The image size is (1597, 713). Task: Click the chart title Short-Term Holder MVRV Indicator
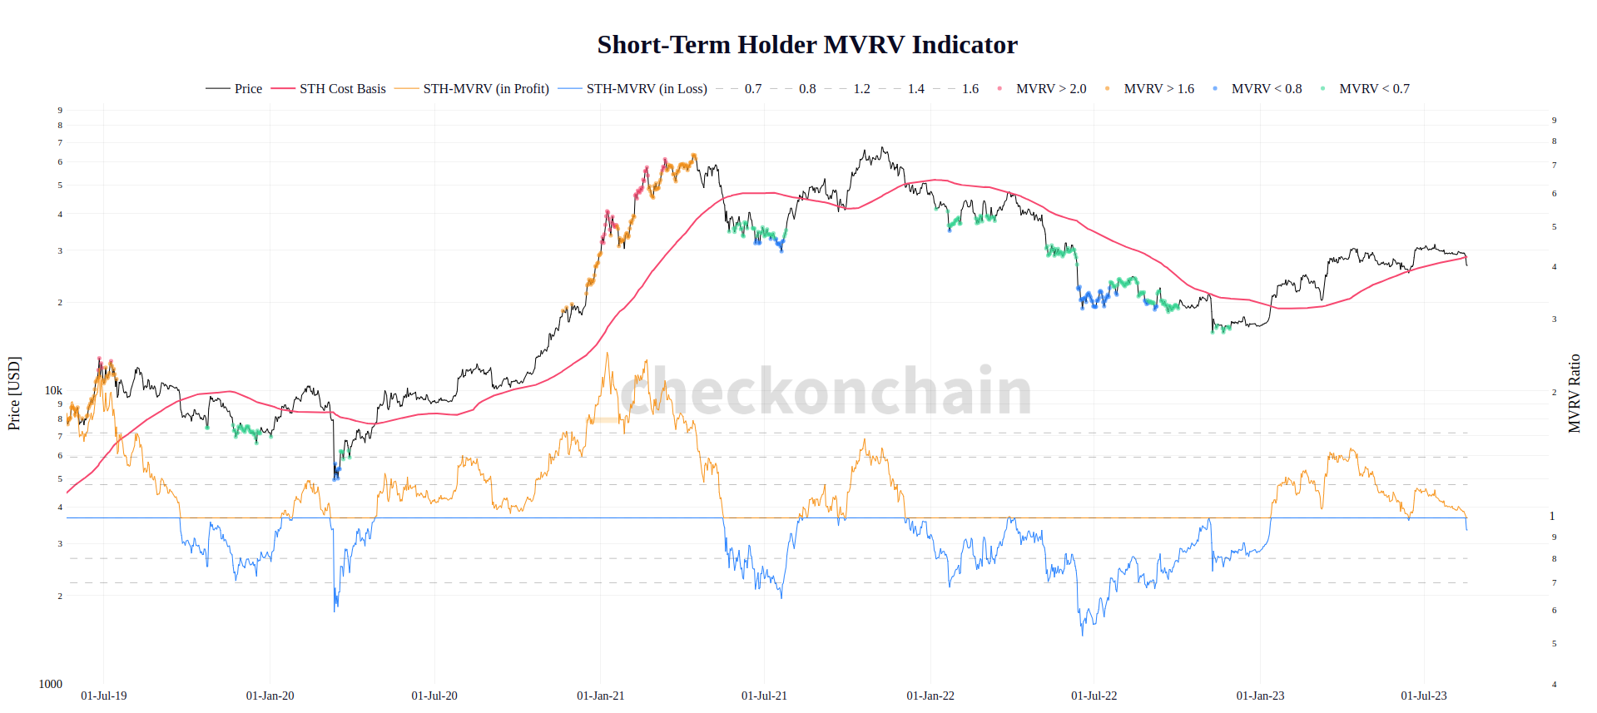pos(806,45)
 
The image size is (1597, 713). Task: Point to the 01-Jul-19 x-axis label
pos(104,696)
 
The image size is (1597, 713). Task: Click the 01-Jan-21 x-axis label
pos(600,696)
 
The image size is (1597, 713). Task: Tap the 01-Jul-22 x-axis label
pos(1094,696)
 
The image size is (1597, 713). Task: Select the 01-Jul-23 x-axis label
pos(1423,696)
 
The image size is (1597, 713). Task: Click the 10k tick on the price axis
pos(53,390)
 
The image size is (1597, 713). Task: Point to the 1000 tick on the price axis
pos(50,684)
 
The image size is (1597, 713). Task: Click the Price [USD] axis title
pos(14,393)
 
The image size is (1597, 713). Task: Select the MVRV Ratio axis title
pos(1574,393)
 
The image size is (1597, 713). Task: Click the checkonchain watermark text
pos(826,391)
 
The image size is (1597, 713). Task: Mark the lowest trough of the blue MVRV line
pos(1083,635)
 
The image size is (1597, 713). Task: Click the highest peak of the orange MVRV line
pos(607,353)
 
